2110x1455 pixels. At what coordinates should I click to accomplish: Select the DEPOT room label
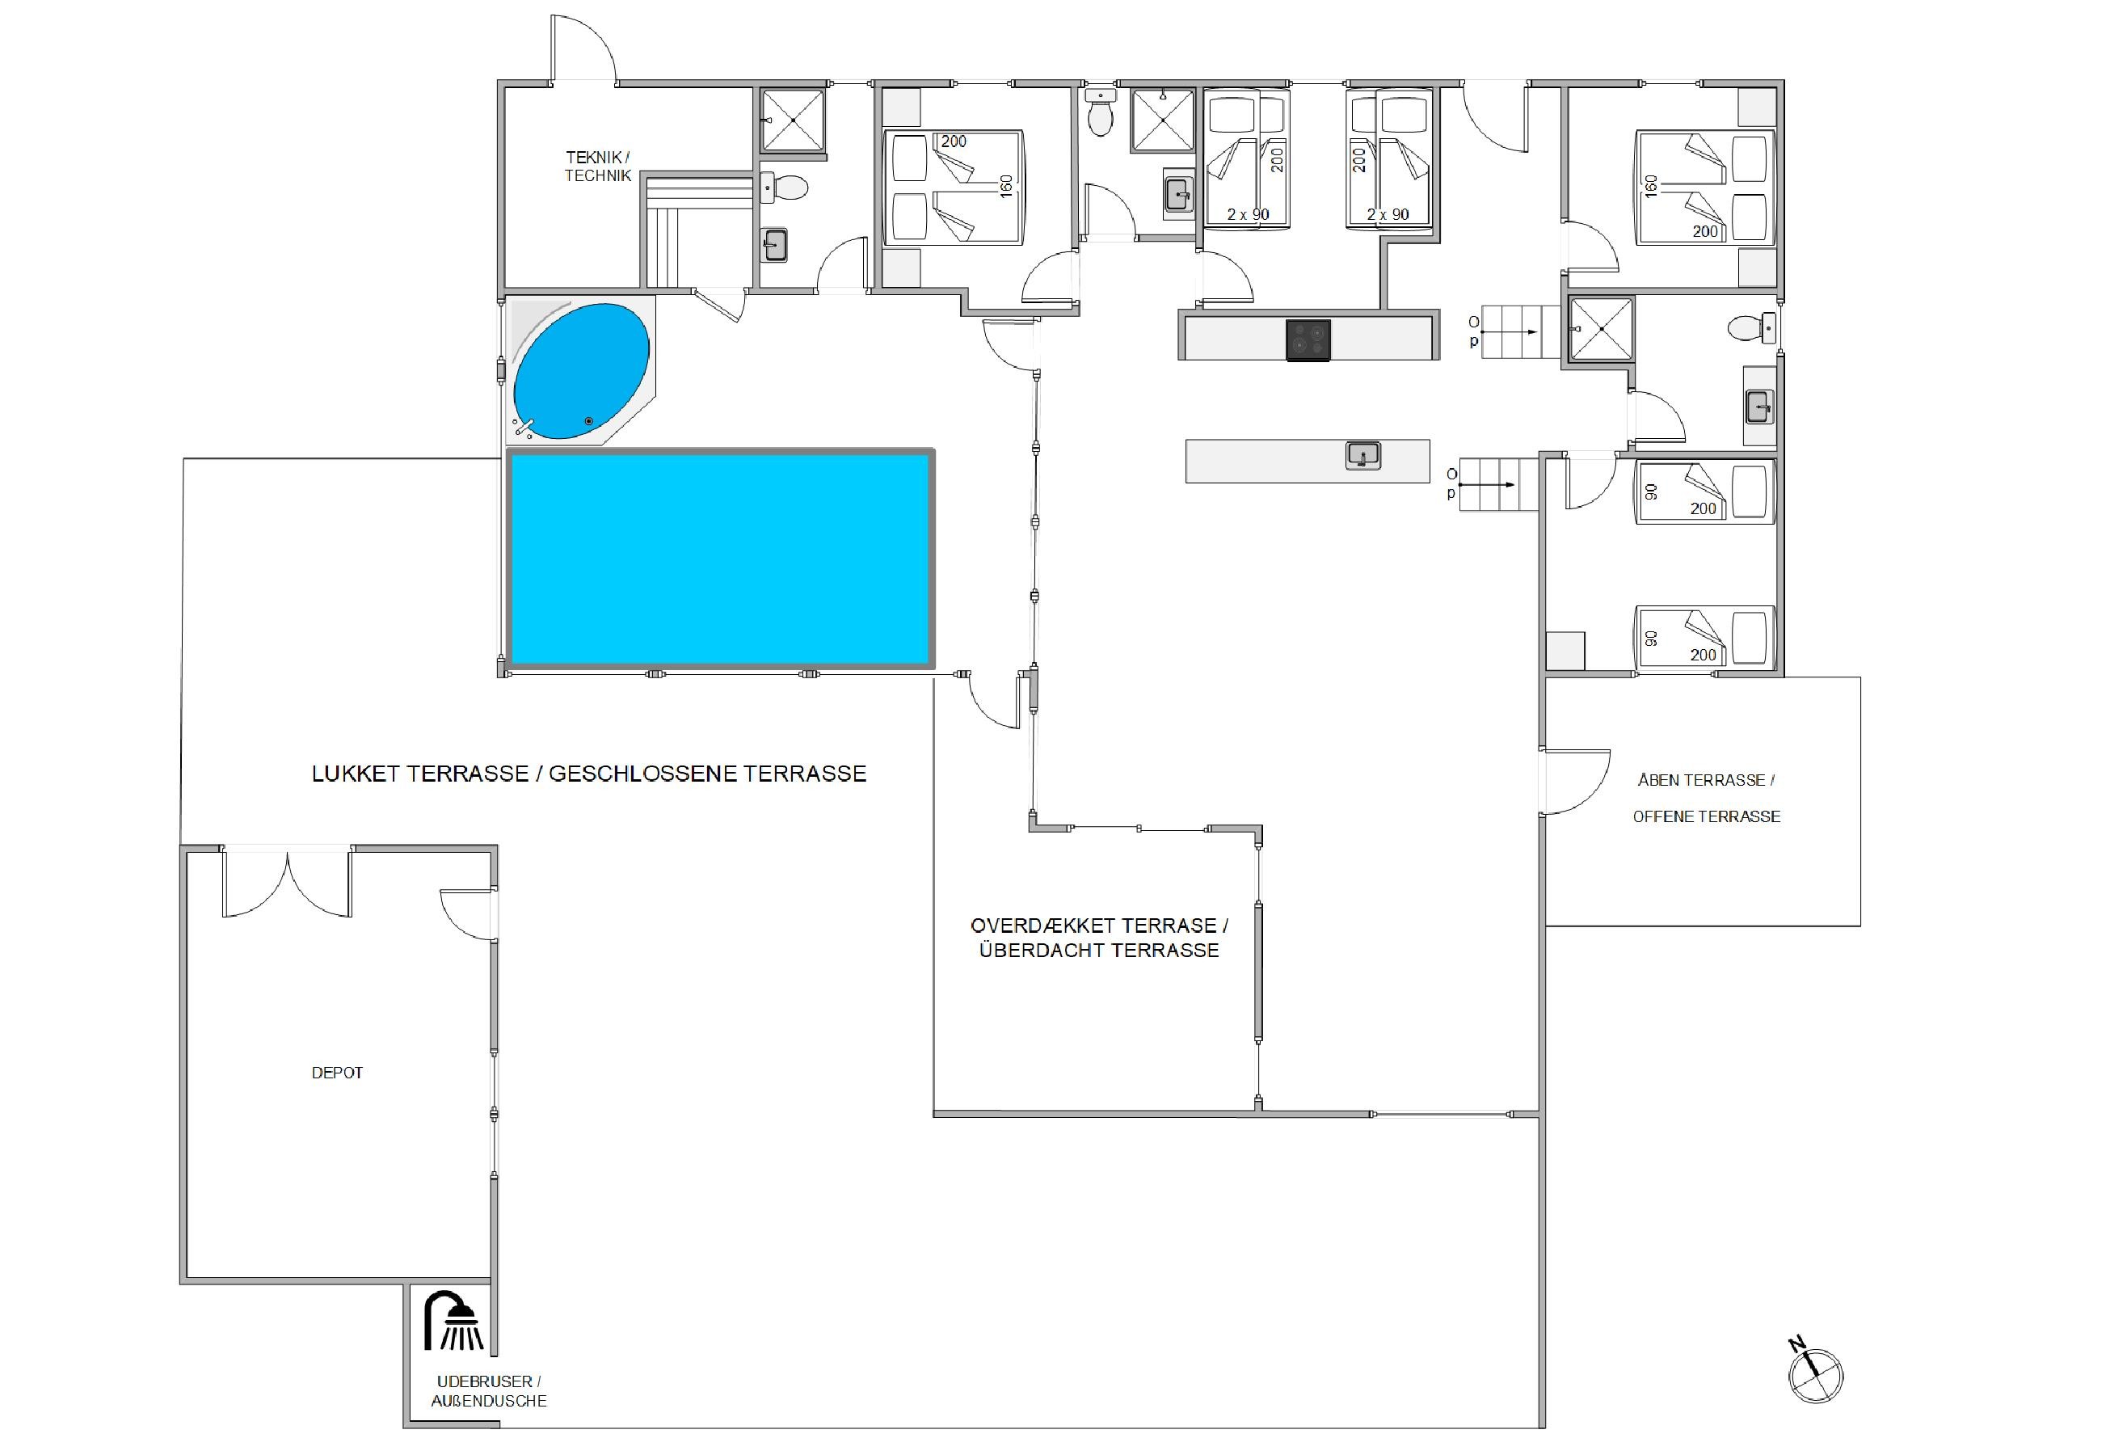[x=337, y=1073]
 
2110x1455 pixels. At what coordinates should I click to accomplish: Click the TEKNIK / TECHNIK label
[x=598, y=167]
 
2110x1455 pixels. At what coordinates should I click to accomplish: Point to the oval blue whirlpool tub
[x=582, y=371]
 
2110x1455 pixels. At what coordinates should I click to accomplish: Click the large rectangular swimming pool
[x=720, y=559]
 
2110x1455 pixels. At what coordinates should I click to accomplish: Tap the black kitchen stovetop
[x=1308, y=340]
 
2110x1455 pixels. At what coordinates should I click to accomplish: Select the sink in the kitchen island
[x=1362, y=455]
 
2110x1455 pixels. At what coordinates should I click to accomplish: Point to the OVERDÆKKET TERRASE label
[x=1099, y=926]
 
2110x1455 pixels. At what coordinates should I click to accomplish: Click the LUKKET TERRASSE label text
[x=419, y=774]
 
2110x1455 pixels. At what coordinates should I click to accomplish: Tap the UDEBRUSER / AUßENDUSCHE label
[x=489, y=1392]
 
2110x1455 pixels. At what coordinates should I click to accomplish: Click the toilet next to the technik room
[x=785, y=188]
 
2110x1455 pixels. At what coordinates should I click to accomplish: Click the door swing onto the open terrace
[x=1575, y=782]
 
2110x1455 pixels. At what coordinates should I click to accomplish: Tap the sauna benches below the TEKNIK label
[x=698, y=230]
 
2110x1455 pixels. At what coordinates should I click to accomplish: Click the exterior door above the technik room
[x=583, y=50]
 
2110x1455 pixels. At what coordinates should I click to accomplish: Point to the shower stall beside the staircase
[x=1601, y=329]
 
